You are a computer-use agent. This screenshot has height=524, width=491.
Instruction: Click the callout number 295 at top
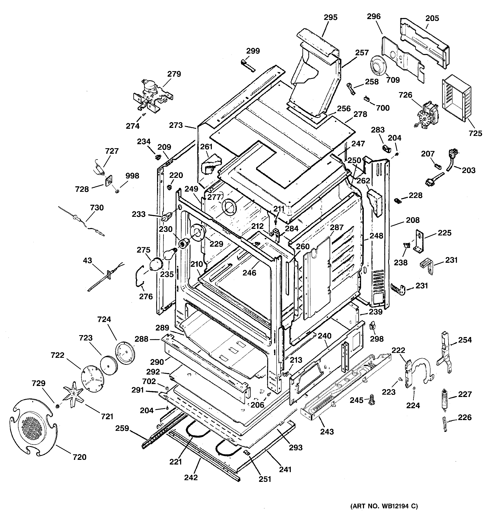331,17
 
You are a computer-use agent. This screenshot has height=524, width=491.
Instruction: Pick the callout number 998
132,176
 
